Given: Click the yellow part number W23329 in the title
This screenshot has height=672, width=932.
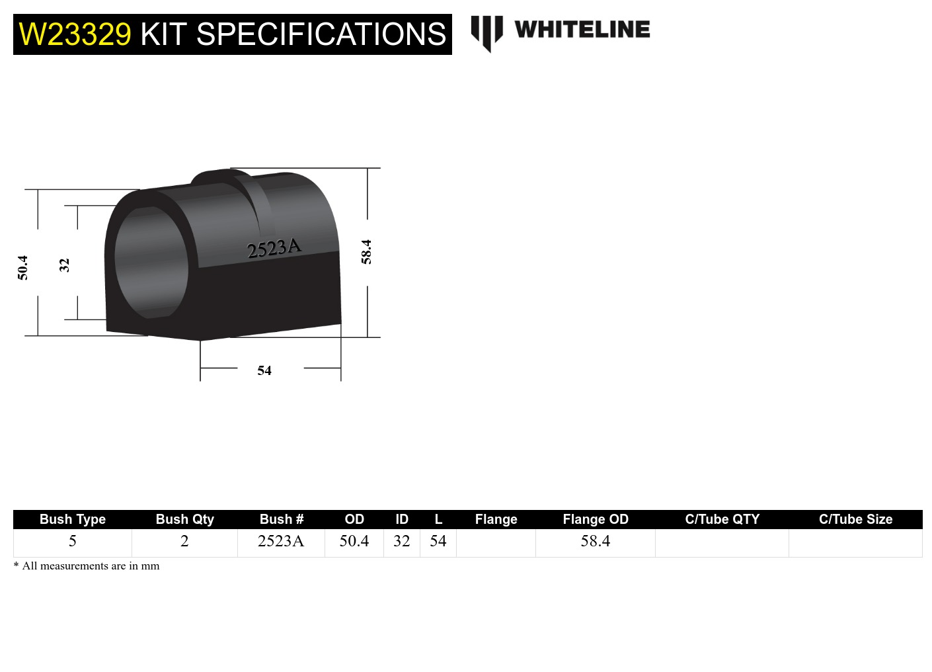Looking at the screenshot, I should click(x=75, y=34).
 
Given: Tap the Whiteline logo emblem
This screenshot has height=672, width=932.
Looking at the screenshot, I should click(x=486, y=32).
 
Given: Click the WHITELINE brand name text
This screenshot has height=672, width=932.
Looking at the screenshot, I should click(x=582, y=30).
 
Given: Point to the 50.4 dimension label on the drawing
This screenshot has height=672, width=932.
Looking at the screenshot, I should click(x=23, y=268).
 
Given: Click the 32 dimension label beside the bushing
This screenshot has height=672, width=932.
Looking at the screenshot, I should click(x=64, y=265).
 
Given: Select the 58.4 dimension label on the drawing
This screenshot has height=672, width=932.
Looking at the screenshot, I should click(x=366, y=252).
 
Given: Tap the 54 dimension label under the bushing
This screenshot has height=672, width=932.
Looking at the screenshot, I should click(x=264, y=371).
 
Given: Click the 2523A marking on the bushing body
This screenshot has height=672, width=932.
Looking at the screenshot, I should click(x=274, y=249).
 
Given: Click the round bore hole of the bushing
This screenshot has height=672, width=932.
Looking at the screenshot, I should click(x=151, y=263).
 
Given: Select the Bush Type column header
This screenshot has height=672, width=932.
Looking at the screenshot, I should click(x=73, y=519).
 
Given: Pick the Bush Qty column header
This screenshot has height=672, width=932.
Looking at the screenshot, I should click(x=185, y=519).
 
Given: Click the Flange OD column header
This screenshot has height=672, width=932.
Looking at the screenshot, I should click(x=596, y=519).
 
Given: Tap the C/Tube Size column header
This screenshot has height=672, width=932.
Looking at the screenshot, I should click(x=855, y=519).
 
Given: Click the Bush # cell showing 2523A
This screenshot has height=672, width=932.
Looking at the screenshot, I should click(x=281, y=541).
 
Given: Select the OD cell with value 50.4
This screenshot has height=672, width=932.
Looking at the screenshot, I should click(x=354, y=541).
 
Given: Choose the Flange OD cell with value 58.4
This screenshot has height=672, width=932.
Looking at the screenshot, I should click(x=596, y=541).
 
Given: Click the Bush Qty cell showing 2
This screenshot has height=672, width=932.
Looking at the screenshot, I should click(x=184, y=541).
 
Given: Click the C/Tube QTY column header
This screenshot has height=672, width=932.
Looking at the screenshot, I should click(x=722, y=519).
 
